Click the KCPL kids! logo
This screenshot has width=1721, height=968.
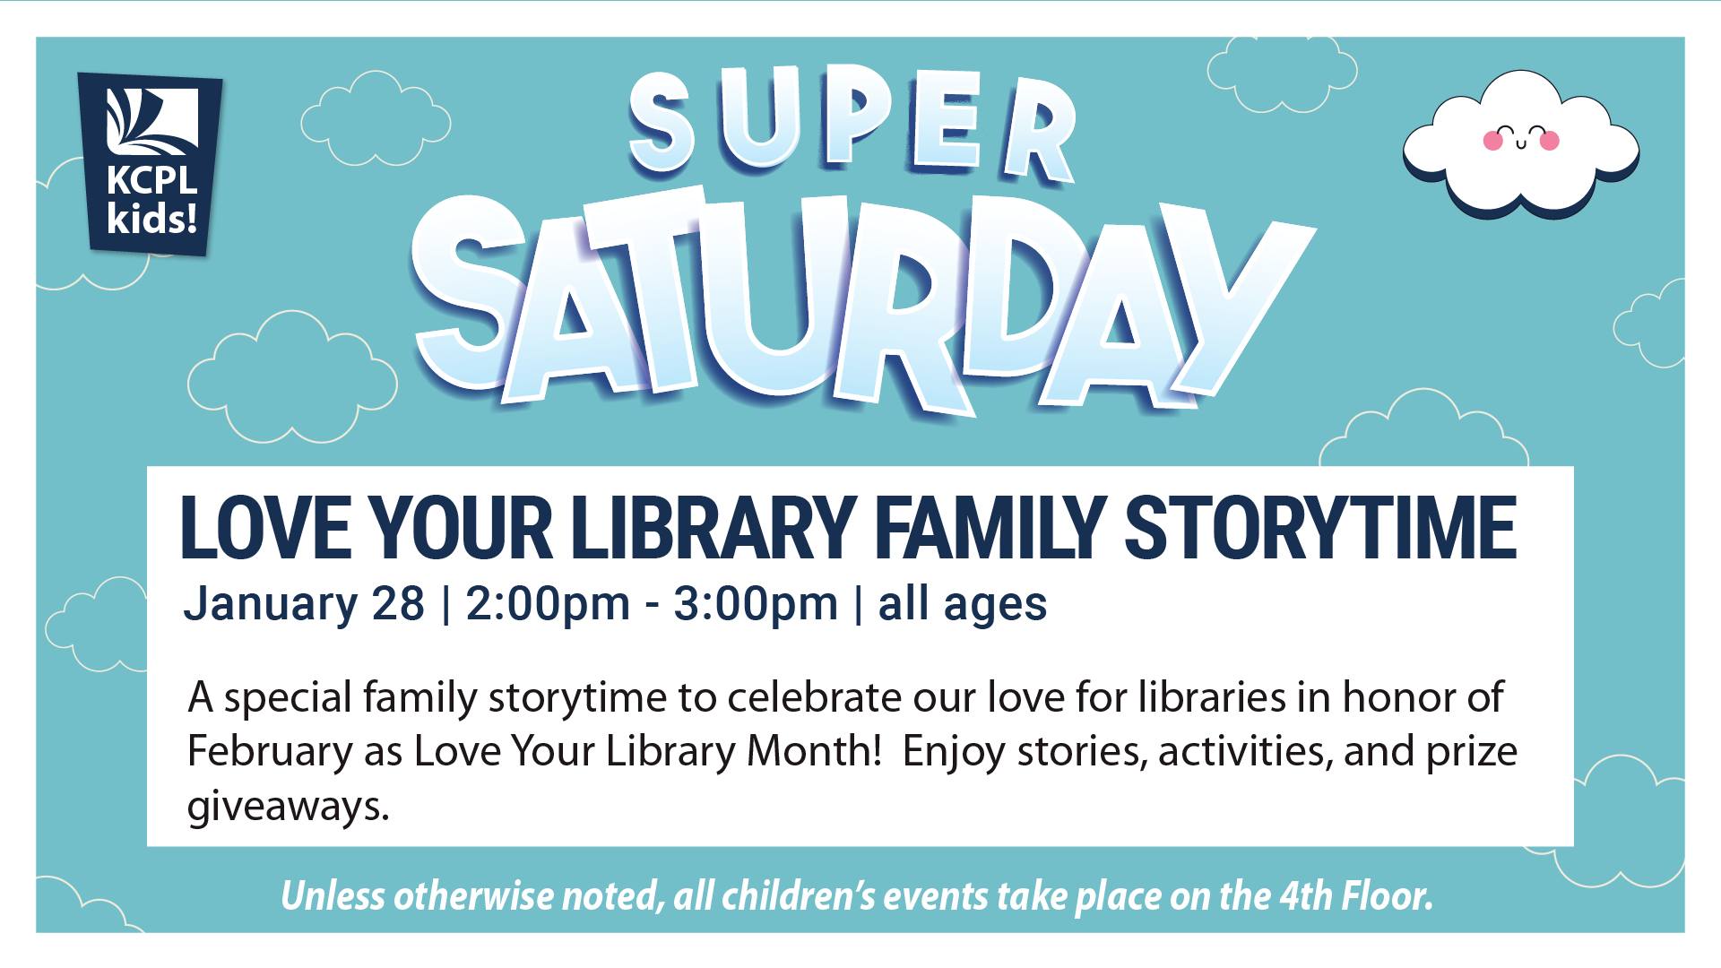tap(150, 163)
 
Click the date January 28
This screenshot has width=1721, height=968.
tap(304, 604)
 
